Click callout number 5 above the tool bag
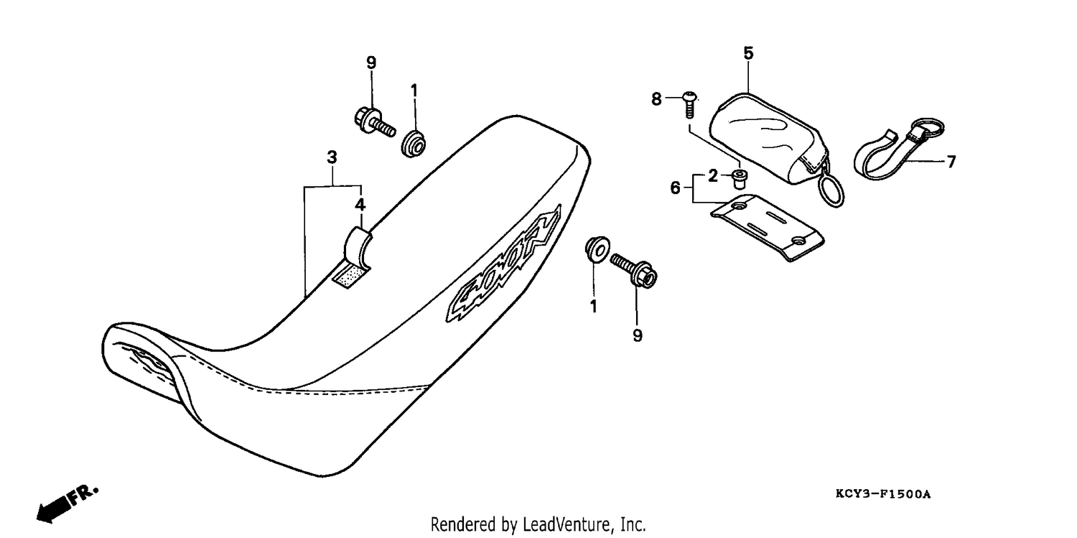[x=748, y=53]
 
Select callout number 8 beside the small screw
[x=656, y=99]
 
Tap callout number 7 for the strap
[x=951, y=162]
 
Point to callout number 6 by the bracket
[x=675, y=187]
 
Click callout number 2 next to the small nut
[x=712, y=176]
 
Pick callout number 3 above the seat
[x=332, y=157]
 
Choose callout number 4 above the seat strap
[x=360, y=205]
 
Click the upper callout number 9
[x=371, y=62]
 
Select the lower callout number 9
[x=637, y=335]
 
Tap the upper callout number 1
[x=414, y=91]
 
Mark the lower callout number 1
[x=593, y=306]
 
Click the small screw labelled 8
[x=689, y=104]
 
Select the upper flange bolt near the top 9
[x=375, y=122]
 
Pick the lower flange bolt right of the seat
[x=634, y=272]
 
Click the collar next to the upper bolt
[x=413, y=143]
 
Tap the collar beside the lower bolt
[x=597, y=250]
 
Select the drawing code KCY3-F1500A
[x=882, y=493]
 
